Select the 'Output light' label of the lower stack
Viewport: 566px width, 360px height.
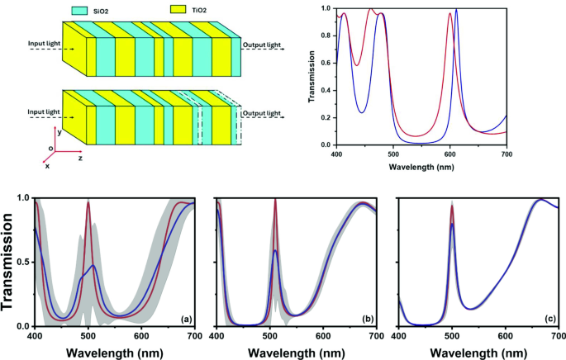pyautogui.click(x=262, y=112)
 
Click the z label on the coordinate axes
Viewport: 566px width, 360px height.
pyautogui.click(x=79, y=154)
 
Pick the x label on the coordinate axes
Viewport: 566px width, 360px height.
pyautogui.click(x=47, y=165)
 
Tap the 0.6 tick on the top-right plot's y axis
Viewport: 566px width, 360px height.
pyautogui.click(x=326, y=63)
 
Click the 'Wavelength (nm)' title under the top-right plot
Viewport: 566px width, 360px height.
pyautogui.click(x=421, y=165)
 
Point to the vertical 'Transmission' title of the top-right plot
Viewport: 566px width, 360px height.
pyautogui.click(x=312, y=77)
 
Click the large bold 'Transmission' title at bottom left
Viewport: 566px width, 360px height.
pyautogui.click(x=10, y=263)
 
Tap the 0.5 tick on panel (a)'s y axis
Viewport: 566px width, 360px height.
pyautogui.click(x=22, y=263)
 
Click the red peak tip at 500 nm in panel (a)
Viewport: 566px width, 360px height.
pyautogui.click(x=88, y=202)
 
